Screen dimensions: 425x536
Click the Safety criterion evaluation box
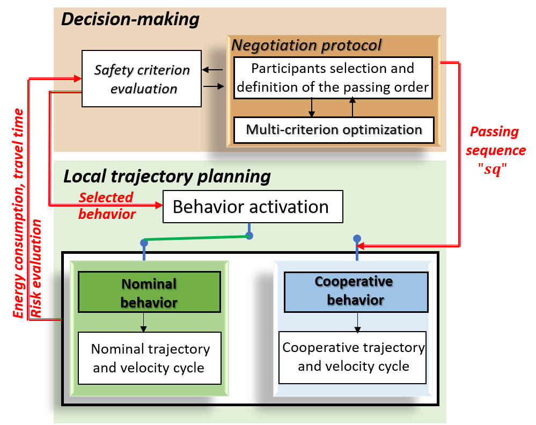[x=142, y=79]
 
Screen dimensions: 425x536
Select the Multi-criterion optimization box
[x=333, y=130]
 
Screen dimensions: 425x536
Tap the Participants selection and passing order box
[x=333, y=77]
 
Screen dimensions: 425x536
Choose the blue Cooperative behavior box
[x=355, y=291]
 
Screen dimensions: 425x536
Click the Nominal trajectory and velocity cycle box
[x=150, y=358]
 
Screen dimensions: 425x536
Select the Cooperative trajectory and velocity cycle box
[x=353, y=357]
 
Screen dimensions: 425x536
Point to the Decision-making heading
[x=130, y=20]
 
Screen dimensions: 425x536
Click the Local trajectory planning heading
[x=167, y=176]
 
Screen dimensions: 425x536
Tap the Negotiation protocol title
[x=306, y=45]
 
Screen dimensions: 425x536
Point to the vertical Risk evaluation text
[x=36, y=268]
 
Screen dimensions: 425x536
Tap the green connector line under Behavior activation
[x=196, y=239]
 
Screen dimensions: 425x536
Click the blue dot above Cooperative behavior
[x=357, y=238]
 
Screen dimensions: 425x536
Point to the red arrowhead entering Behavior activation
[x=159, y=206]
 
